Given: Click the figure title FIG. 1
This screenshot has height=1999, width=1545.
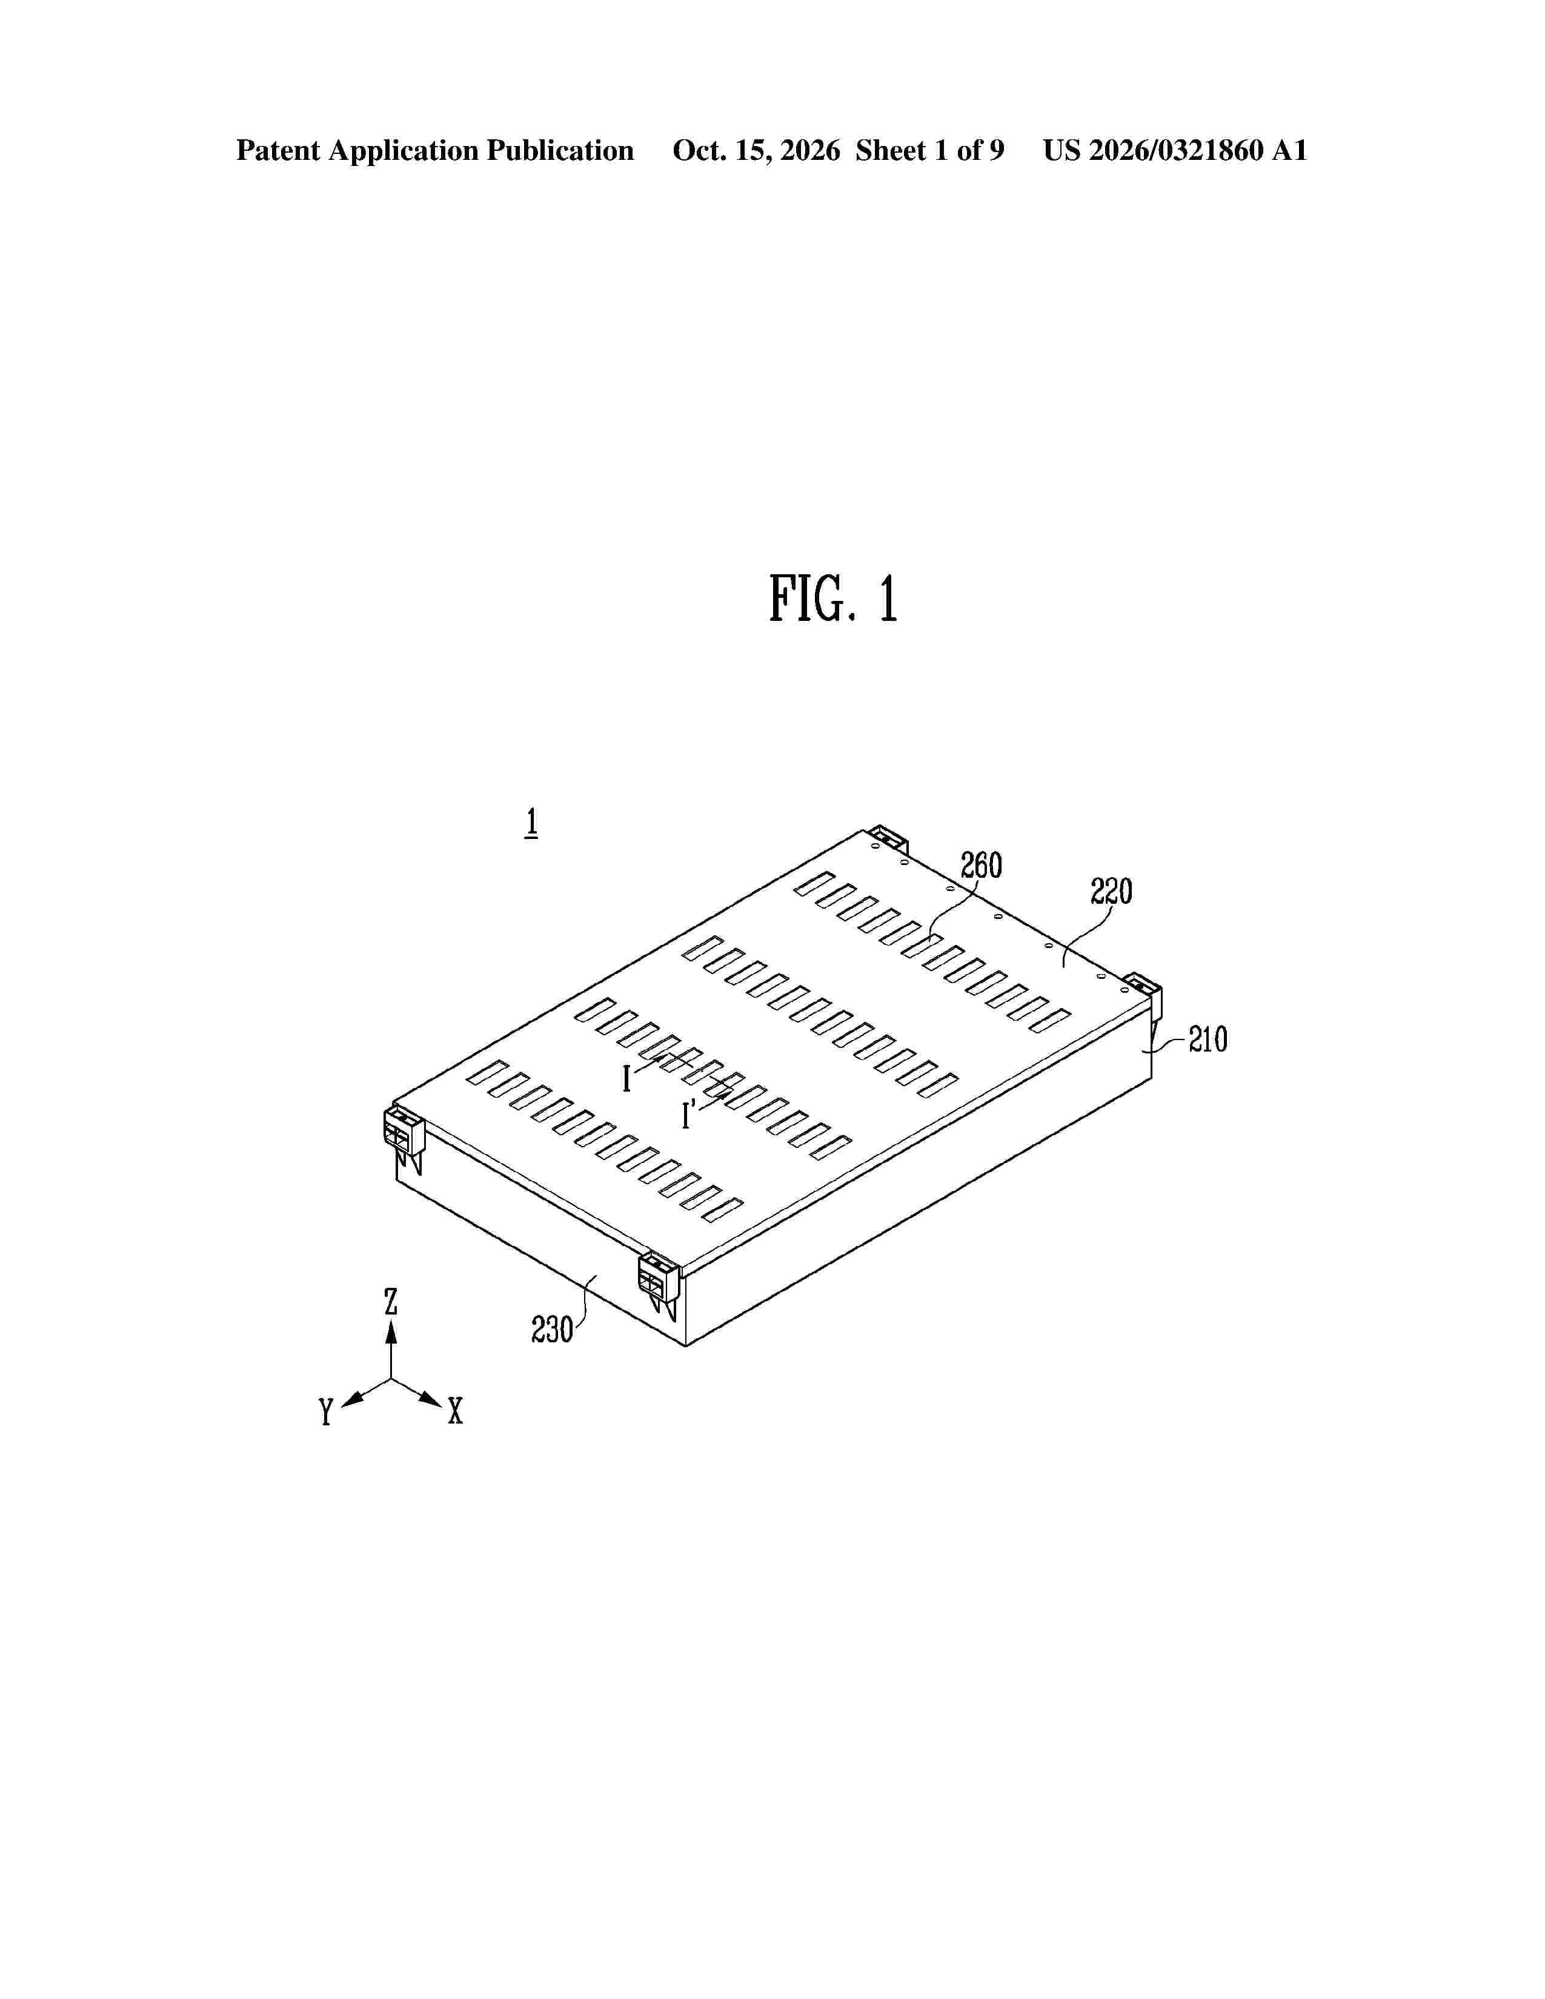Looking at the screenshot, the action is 833,600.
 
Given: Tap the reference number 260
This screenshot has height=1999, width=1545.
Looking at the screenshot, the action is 981,865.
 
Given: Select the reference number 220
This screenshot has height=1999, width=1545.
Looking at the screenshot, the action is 1111,890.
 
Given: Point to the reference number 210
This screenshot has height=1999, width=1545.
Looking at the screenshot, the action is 1208,1039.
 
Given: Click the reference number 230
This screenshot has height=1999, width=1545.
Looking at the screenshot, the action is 552,1330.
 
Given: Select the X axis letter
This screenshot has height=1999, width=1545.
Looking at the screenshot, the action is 455,1411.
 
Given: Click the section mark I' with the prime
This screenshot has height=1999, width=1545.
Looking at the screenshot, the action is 688,1114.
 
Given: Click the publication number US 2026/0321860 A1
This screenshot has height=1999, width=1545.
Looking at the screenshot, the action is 1175,151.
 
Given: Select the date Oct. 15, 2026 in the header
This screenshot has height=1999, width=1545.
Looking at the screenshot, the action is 756,151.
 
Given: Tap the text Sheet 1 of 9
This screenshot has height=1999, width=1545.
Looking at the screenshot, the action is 930,151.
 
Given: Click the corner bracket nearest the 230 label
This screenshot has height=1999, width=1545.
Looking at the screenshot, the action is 660,1285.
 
